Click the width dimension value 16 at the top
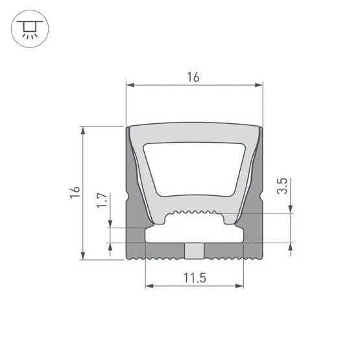tap(193, 77)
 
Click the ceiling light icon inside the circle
tap(29, 29)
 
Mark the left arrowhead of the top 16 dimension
tap(128, 85)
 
